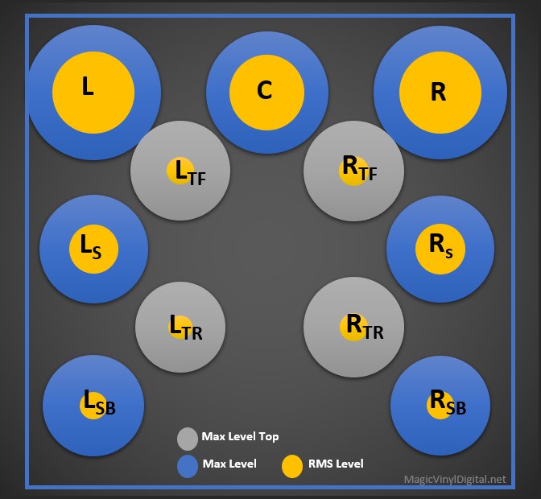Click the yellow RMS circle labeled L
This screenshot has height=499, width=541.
93,94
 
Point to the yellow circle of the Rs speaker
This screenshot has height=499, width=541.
440,248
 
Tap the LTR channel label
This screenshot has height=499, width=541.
185,328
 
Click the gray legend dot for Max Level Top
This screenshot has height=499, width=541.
188,438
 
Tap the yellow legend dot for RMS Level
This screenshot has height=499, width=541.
293,466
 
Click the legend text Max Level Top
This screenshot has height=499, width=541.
240,437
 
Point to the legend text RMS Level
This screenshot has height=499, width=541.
336,464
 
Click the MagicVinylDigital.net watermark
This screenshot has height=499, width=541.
455,480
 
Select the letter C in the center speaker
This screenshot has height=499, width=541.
265,91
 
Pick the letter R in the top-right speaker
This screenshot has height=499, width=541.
438,93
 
